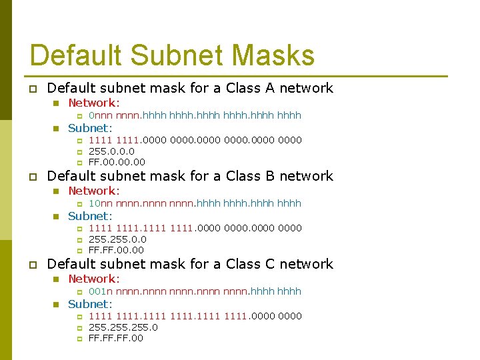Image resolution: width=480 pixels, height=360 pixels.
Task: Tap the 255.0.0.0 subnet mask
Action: tap(111, 151)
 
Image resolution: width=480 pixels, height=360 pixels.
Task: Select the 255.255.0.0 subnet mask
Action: tap(117, 239)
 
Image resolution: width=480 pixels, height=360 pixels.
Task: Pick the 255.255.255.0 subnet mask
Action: tap(123, 327)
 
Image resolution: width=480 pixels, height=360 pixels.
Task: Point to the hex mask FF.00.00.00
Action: tap(117, 162)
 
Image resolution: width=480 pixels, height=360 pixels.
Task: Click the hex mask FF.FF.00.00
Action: tap(116, 250)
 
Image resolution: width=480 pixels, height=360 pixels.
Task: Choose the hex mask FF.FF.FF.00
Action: tap(116, 338)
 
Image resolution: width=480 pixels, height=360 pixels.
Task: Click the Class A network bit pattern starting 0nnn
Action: tap(195, 115)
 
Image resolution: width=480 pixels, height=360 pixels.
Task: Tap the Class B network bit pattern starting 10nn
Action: tap(195, 203)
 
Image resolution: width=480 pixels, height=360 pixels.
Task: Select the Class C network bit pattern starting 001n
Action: tap(195, 291)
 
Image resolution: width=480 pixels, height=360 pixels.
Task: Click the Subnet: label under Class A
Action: tap(91, 128)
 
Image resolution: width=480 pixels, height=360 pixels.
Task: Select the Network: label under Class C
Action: tap(94, 279)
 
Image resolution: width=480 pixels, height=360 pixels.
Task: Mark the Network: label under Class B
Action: tap(94, 191)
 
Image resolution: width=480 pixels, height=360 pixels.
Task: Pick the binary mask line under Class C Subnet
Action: tap(195, 316)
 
